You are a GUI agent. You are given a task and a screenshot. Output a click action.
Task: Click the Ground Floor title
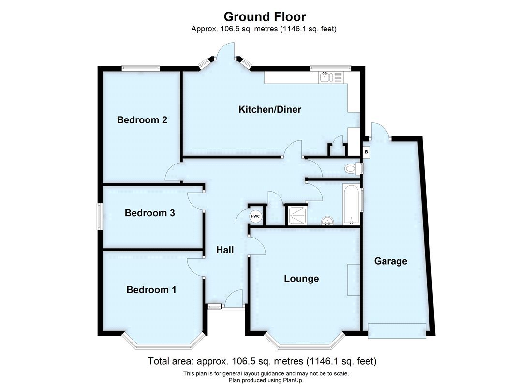265,17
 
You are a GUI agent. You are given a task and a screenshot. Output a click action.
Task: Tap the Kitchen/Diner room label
270,109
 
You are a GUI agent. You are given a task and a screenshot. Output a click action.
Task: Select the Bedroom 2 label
142,119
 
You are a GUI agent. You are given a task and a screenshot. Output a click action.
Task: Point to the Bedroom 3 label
149,213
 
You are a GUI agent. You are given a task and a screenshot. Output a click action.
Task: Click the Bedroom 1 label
151,290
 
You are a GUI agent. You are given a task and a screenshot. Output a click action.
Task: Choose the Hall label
225,250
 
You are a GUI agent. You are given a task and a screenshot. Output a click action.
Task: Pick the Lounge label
301,279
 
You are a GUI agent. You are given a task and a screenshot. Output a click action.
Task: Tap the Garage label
391,261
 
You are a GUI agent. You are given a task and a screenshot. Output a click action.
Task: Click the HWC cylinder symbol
255,216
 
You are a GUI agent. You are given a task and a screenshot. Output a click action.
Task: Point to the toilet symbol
352,168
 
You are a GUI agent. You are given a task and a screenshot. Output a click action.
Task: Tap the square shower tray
295,215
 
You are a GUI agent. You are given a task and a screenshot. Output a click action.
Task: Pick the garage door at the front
397,331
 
